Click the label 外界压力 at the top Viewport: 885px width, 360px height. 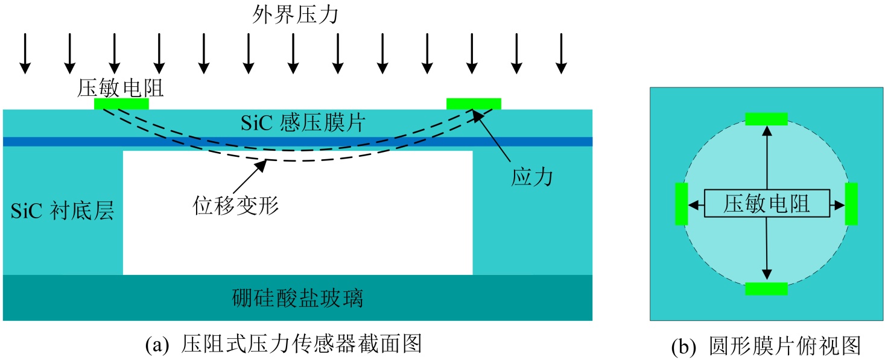click(295, 14)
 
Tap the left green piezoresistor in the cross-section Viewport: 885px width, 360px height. click(121, 104)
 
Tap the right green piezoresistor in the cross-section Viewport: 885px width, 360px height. click(473, 104)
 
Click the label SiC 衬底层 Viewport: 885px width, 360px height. click(62, 212)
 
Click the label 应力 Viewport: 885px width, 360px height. click(531, 177)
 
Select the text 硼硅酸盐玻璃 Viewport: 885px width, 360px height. click(297, 298)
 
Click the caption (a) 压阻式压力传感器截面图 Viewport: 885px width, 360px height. click(284, 345)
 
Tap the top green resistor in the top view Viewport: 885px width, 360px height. click(766, 119)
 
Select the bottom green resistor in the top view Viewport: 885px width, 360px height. click(766, 289)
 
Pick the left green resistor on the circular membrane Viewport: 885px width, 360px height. click(681, 204)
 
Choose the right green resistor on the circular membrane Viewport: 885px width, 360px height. click(851, 204)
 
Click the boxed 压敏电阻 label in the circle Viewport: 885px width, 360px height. click(766, 205)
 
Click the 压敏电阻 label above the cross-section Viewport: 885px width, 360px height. click(121, 89)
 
